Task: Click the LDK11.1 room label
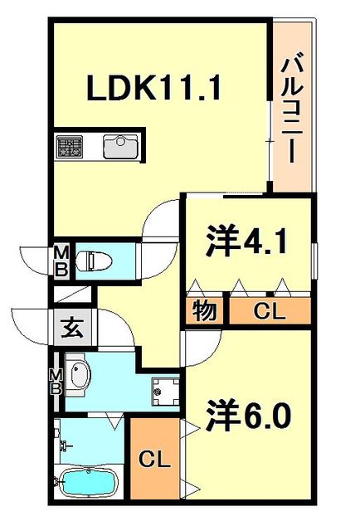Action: (154, 88)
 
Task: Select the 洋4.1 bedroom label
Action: (246, 241)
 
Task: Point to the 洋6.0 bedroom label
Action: (249, 414)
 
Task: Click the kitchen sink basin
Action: (120, 147)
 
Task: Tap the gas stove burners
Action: (70, 146)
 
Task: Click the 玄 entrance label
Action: (73, 328)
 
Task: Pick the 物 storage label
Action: (205, 310)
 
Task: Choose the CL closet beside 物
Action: (270, 311)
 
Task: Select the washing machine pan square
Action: (165, 392)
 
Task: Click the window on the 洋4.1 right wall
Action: (315, 261)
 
